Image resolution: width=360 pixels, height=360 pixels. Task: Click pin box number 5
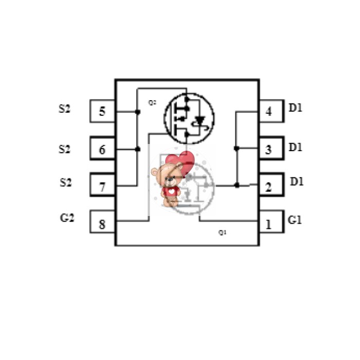pos(102,111)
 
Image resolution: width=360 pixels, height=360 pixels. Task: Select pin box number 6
pos(102,148)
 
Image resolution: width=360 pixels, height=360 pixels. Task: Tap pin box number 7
pos(102,185)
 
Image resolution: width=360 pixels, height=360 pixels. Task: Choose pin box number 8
pos(102,222)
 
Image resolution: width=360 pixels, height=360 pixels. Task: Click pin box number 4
pos(272,111)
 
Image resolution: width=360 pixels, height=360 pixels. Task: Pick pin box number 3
pos(272,148)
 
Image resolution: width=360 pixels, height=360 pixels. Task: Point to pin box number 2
pos(272,185)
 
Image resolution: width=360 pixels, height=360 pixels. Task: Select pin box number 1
pos(272,222)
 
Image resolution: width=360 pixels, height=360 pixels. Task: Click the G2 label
pos(67,218)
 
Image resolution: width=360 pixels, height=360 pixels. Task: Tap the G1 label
pos(295,220)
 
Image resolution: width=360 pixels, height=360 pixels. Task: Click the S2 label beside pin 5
pos(64,109)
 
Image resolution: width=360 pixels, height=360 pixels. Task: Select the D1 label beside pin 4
pos(295,107)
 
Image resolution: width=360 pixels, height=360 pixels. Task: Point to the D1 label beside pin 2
pos(297,182)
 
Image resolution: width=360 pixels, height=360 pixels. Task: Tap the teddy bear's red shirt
pos(170,191)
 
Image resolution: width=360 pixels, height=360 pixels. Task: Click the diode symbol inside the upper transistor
pos(200,120)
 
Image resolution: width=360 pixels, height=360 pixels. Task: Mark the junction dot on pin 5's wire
pos(137,112)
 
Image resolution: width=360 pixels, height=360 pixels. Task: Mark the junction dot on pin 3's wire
pos(237,148)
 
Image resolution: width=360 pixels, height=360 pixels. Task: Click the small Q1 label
pos(222,232)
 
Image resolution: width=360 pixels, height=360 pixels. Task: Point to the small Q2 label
pos(152,102)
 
